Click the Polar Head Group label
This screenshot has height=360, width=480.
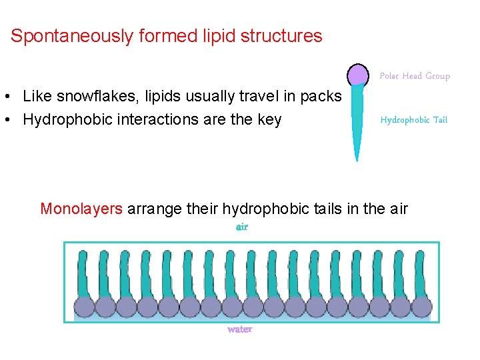(x=415, y=76)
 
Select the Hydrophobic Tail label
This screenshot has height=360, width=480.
(x=413, y=120)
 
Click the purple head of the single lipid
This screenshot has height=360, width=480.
(x=358, y=75)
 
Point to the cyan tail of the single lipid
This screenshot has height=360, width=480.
(x=358, y=120)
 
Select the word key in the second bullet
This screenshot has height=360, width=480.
(x=269, y=119)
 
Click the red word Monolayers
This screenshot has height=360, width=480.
(x=81, y=209)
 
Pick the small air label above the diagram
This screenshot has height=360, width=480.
(x=241, y=227)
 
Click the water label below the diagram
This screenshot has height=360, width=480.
(x=239, y=329)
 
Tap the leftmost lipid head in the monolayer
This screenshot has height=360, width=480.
(x=85, y=307)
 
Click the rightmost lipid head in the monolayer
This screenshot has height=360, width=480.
(x=421, y=307)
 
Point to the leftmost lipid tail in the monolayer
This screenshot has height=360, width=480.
(x=83, y=273)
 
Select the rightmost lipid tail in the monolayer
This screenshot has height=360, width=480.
(x=420, y=273)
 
